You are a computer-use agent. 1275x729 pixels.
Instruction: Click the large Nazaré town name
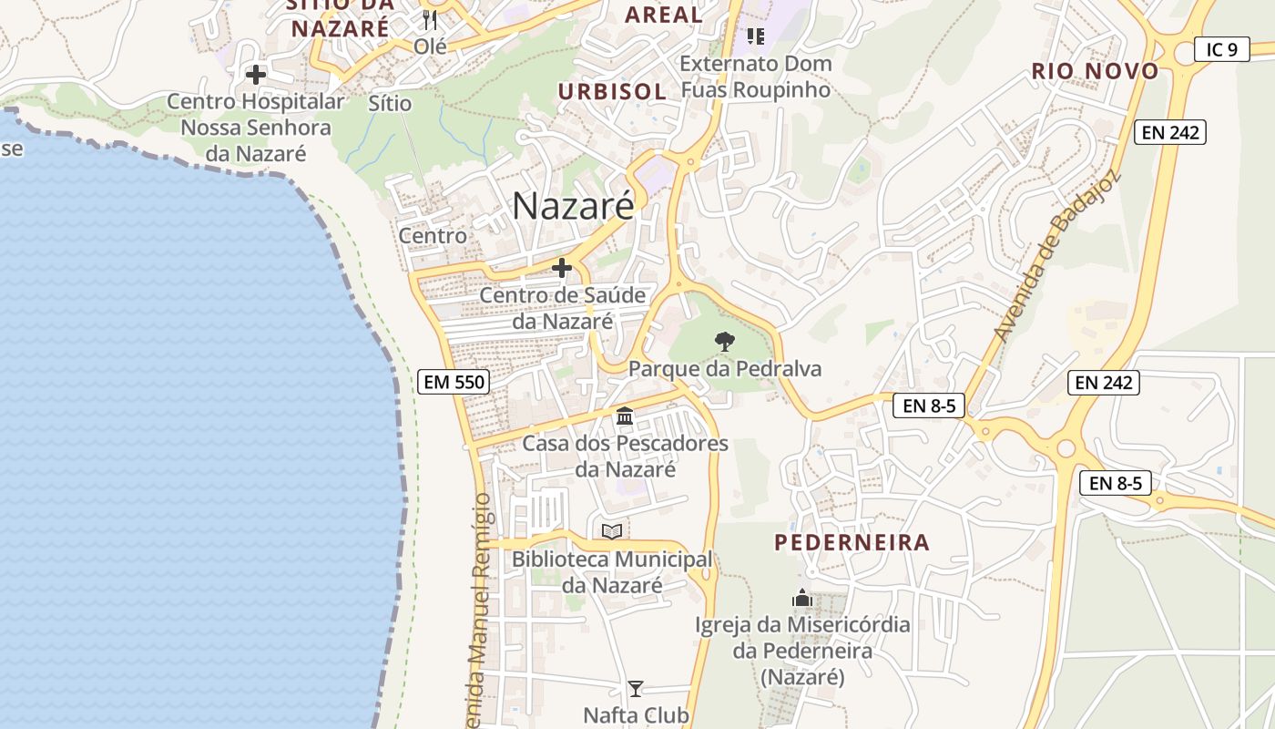573,206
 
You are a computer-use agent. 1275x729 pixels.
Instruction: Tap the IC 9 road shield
1221,49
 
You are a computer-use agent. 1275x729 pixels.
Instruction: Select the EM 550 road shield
454,382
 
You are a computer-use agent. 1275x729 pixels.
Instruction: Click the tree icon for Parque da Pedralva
724,343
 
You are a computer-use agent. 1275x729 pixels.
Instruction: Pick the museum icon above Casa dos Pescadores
625,416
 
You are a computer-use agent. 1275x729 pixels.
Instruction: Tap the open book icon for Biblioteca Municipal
612,531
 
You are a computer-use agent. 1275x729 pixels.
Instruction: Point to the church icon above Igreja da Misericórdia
802,598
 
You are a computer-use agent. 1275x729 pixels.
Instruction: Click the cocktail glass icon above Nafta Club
636,689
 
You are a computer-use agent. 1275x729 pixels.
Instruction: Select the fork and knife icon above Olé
430,19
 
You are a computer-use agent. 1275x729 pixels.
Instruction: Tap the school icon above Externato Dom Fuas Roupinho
755,36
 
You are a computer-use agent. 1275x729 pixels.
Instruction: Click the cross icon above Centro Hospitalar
256,75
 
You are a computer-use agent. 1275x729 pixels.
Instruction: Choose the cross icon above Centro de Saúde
562,268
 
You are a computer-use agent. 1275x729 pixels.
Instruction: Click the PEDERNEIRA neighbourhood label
852,543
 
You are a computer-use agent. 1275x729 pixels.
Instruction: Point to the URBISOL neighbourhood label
612,91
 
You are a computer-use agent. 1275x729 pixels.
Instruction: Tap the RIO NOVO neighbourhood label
1095,71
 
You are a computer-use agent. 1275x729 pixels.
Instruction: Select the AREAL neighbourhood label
664,15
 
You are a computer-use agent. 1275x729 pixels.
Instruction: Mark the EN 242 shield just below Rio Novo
1170,132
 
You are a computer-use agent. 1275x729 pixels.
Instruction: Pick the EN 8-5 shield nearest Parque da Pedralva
928,406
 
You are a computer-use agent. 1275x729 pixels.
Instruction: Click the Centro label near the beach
433,236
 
